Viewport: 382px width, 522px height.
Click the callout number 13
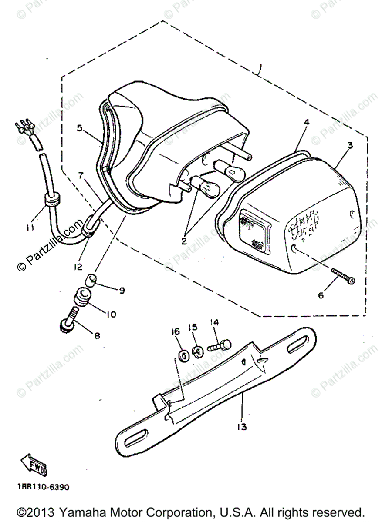[x=242, y=427]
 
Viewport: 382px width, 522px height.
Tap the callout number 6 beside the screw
[x=321, y=295]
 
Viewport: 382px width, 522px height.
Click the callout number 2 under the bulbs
[x=184, y=241]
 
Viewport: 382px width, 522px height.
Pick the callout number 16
[x=175, y=332]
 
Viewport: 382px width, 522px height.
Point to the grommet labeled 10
[x=83, y=297]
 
